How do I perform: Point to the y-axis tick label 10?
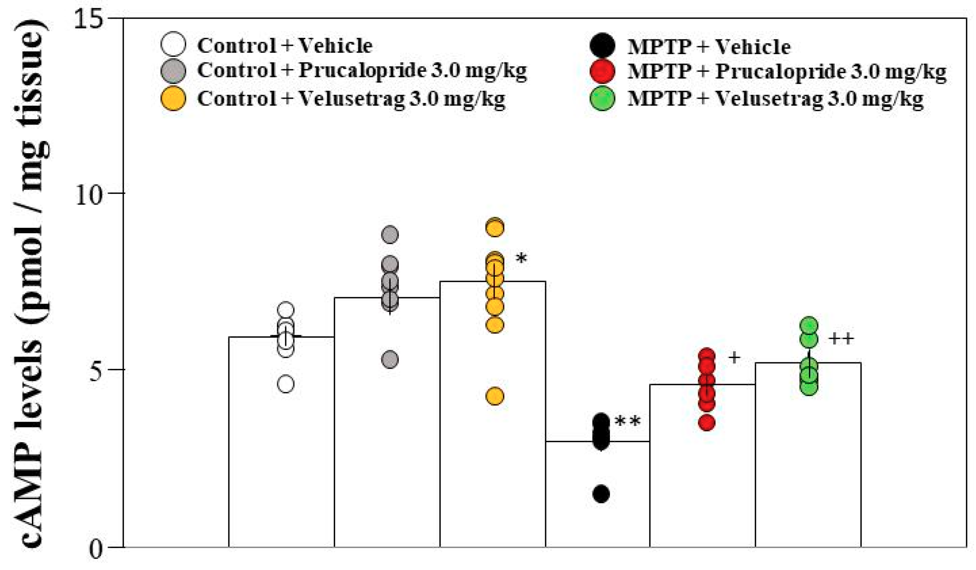(89, 194)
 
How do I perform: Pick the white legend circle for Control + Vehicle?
(173, 44)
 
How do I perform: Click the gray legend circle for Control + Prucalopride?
(173, 71)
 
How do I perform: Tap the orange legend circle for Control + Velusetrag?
(173, 98)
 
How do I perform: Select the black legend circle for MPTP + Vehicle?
(602, 45)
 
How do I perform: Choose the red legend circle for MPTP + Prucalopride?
(602, 72)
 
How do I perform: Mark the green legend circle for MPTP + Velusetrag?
(602, 98)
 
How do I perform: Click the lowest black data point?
(601, 494)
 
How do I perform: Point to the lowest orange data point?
(495, 396)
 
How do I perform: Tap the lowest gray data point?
(390, 360)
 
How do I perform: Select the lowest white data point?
(286, 384)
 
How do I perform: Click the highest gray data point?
(390, 235)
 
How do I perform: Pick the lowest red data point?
(707, 422)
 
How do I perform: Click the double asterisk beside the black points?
(627, 421)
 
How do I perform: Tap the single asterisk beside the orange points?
(521, 259)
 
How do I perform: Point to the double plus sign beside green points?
(841, 339)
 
